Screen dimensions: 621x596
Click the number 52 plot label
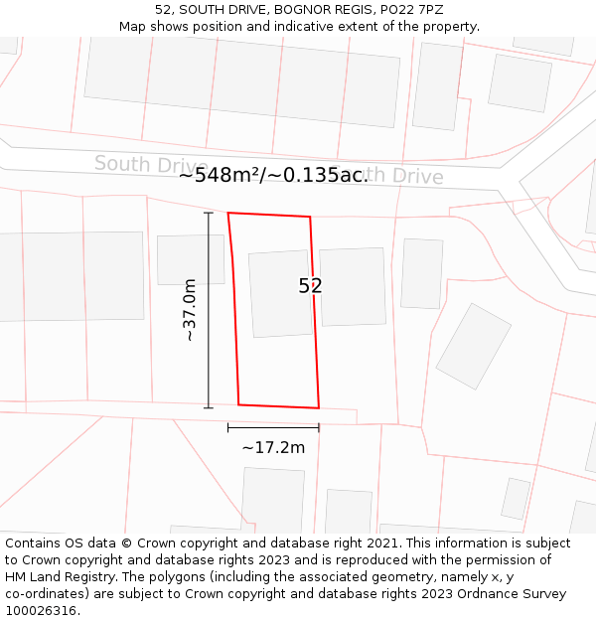[310, 286]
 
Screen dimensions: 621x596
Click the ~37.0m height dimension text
[189, 310]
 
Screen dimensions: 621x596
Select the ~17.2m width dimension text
[273, 447]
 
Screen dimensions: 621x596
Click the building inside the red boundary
[280, 293]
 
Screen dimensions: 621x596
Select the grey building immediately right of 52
[353, 286]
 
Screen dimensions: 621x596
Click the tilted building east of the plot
[474, 346]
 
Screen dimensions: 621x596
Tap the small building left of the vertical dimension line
[189, 259]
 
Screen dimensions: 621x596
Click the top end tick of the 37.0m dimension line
[209, 213]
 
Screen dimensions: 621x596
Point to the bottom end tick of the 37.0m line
[209, 407]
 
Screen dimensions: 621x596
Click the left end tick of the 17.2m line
[228, 428]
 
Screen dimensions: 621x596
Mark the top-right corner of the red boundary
[310, 217]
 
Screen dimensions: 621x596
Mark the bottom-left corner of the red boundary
[238, 404]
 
